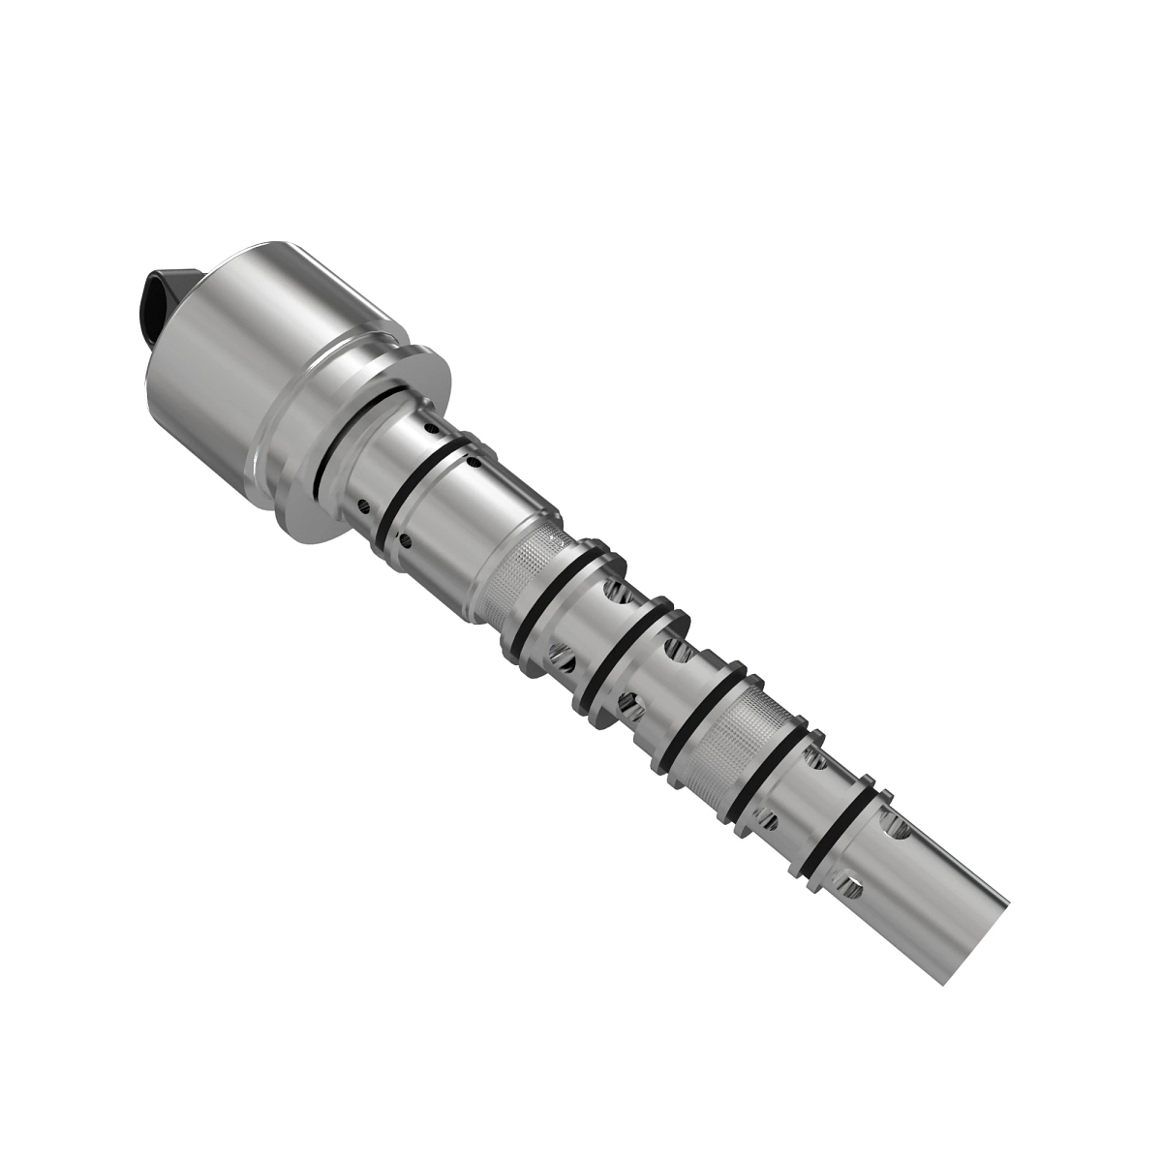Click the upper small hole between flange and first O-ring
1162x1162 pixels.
(431, 426)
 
